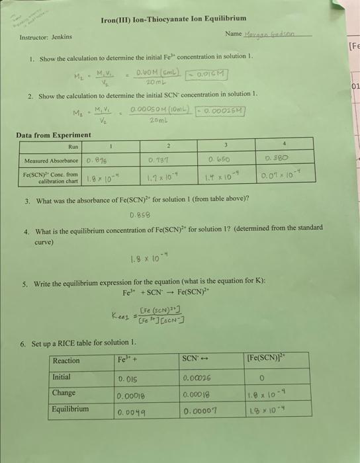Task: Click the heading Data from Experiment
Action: click(54, 135)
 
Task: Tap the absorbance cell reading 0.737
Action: click(167, 160)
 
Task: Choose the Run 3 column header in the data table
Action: click(226, 145)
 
